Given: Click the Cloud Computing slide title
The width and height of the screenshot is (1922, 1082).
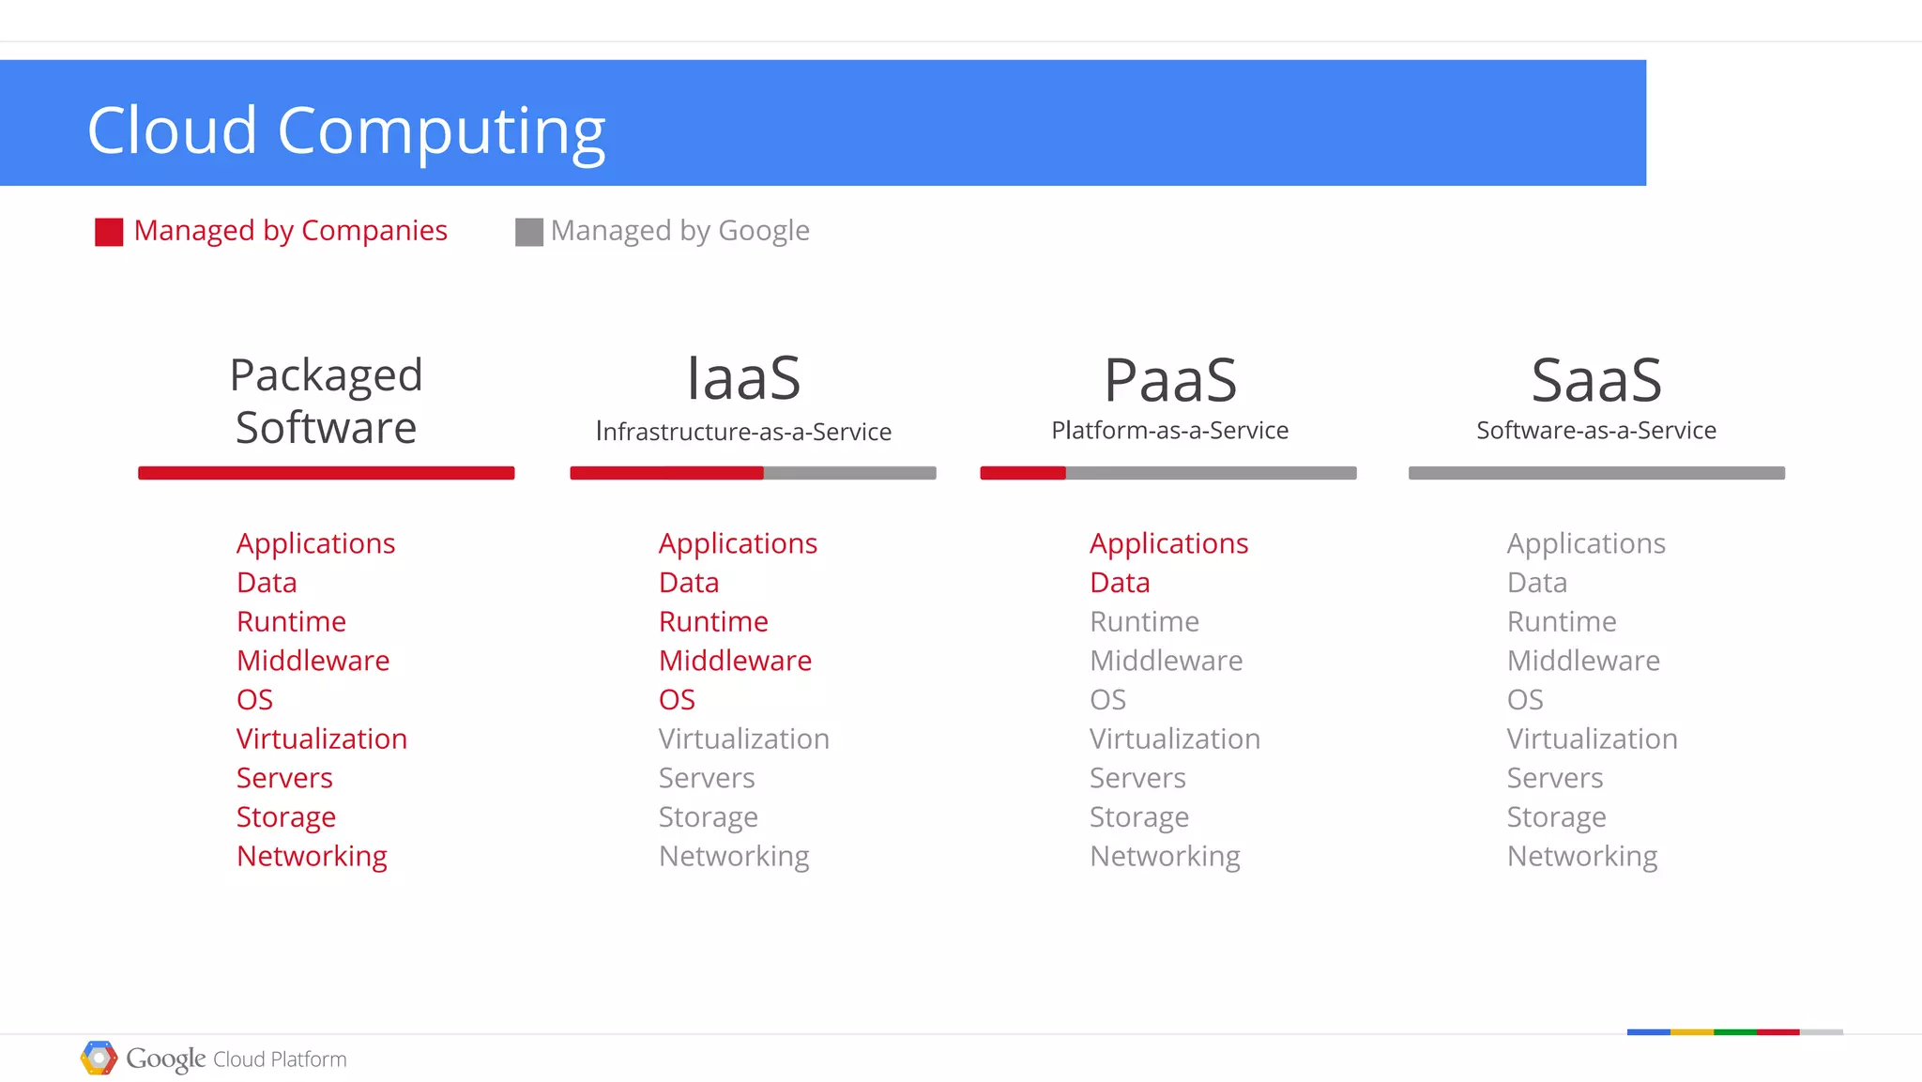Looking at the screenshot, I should pyautogui.click(x=346, y=130).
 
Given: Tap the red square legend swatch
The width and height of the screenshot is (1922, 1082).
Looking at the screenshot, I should pyautogui.click(x=109, y=232).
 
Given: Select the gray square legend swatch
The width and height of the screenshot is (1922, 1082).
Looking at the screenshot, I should pyautogui.click(x=529, y=232).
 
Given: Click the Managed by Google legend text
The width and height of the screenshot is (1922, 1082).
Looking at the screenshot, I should pyautogui.click(x=679, y=231).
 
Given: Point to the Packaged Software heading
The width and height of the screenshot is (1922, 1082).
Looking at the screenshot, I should pyautogui.click(x=326, y=402).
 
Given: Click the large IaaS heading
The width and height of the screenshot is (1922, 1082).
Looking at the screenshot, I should pyautogui.click(x=743, y=378).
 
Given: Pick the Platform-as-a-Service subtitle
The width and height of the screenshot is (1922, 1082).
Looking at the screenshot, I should pyautogui.click(x=1169, y=431).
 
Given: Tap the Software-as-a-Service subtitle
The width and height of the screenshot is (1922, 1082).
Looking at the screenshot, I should pyautogui.click(x=1596, y=431).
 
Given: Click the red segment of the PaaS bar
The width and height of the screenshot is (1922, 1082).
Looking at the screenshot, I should pyautogui.click(x=1023, y=473).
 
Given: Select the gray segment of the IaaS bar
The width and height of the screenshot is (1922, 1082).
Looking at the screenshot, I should pyautogui.click(x=849, y=473).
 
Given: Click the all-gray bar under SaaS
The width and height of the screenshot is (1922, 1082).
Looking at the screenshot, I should pyautogui.click(x=1596, y=473).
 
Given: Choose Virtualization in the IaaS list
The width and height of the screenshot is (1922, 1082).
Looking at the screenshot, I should pyautogui.click(x=743, y=739).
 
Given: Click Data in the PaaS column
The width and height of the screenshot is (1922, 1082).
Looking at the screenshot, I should pyautogui.click(x=1120, y=583).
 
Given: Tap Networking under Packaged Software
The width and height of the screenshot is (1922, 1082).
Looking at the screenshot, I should pyautogui.click(x=312, y=857).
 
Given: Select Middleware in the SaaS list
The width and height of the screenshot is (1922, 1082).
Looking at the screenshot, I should pyautogui.click(x=1583, y=661).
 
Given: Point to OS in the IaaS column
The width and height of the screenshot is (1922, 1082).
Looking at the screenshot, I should pyautogui.click(x=677, y=700).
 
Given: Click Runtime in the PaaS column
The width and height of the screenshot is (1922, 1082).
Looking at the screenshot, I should pyautogui.click(x=1144, y=622).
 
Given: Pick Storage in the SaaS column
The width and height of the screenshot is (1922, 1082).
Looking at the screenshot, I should pyautogui.click(x=1556, y=817).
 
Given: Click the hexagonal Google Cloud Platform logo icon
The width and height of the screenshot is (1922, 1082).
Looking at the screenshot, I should pyautogui.click(x=99, y=1058).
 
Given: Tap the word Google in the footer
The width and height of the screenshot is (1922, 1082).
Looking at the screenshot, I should pyautogui.click(x=165, y=1059).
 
